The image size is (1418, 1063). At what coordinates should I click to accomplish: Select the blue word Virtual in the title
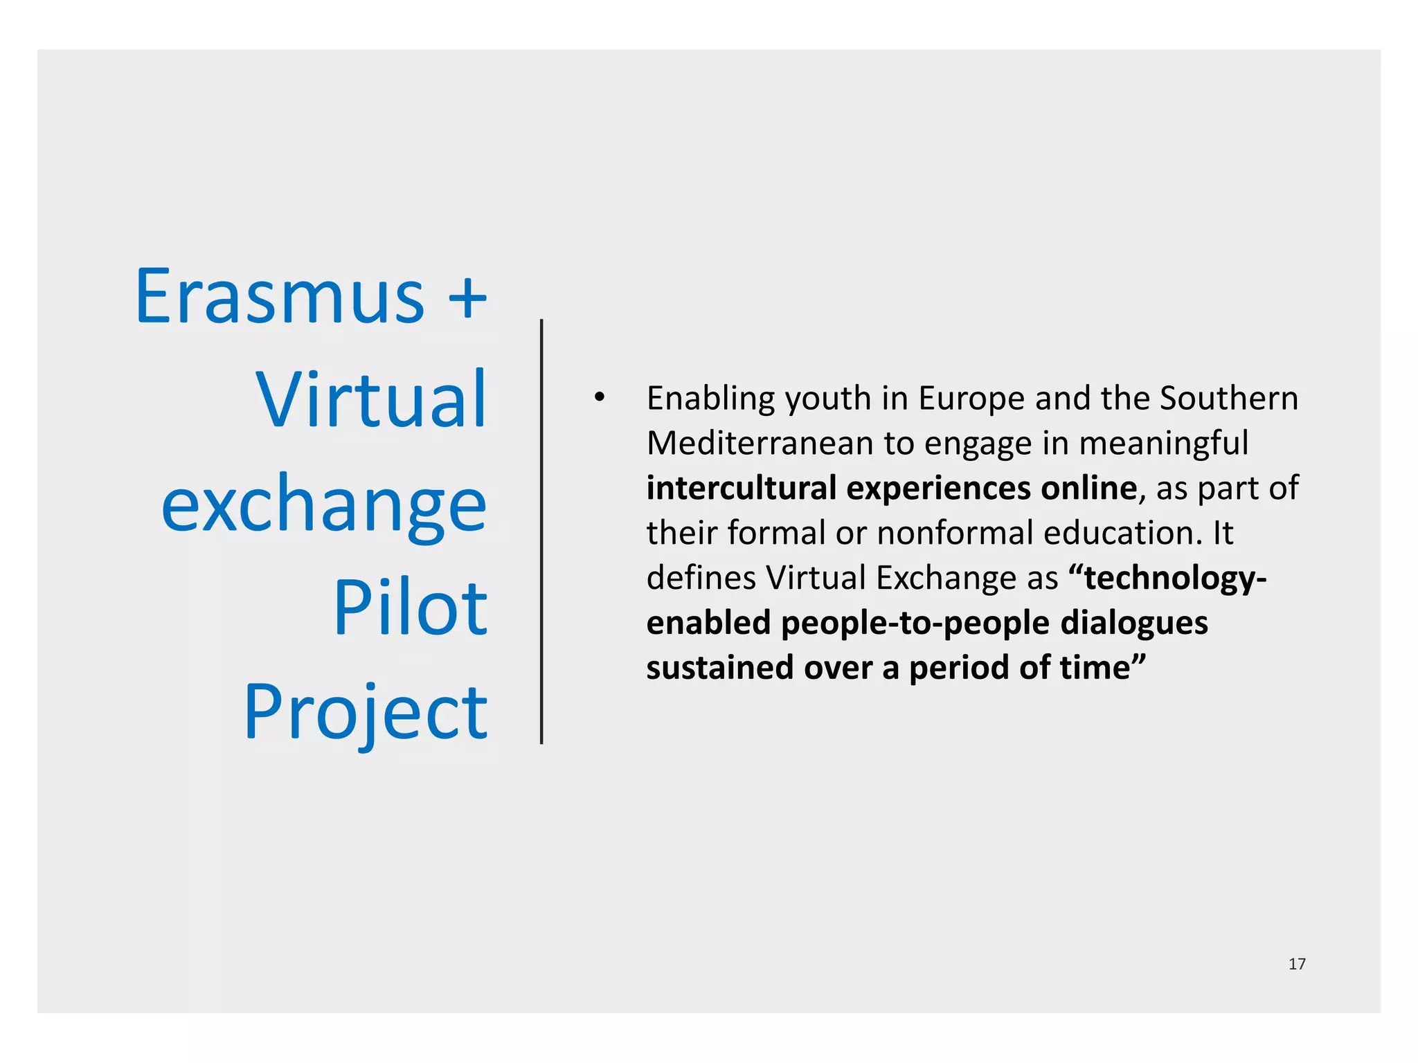pos(371,400)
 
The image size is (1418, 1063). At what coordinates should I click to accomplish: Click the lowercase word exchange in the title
pos(324,506)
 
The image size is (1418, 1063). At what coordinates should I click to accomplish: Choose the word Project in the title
pos(366,712)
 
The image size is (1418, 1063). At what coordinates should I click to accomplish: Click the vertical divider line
pos(541,531)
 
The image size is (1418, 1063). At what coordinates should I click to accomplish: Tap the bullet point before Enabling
pos(599,397)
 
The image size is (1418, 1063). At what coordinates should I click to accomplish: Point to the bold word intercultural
pos(742,488)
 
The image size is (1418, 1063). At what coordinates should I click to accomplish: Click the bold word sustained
pos(720,668)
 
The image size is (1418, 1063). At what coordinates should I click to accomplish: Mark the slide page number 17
pos(1297,964)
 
